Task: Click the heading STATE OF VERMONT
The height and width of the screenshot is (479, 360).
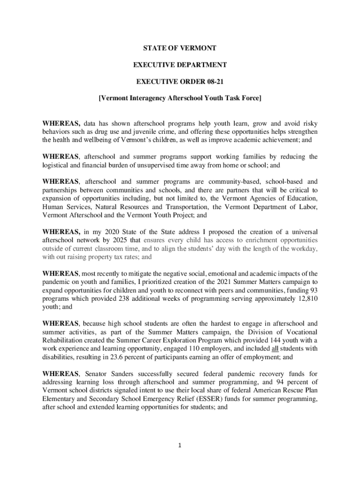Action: coord(180,48)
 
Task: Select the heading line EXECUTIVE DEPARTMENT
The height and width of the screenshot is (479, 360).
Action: coord(180,65)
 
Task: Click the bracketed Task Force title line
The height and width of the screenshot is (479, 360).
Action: coord(180,99)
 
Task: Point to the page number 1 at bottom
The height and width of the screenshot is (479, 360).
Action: coord(180,445)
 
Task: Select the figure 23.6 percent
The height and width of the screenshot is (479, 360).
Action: coord(126,357)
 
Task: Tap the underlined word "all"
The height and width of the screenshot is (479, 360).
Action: coord(276,348)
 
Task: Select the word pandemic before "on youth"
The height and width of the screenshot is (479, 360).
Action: coord(58,282)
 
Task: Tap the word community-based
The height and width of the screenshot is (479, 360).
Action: coord(221,182)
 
